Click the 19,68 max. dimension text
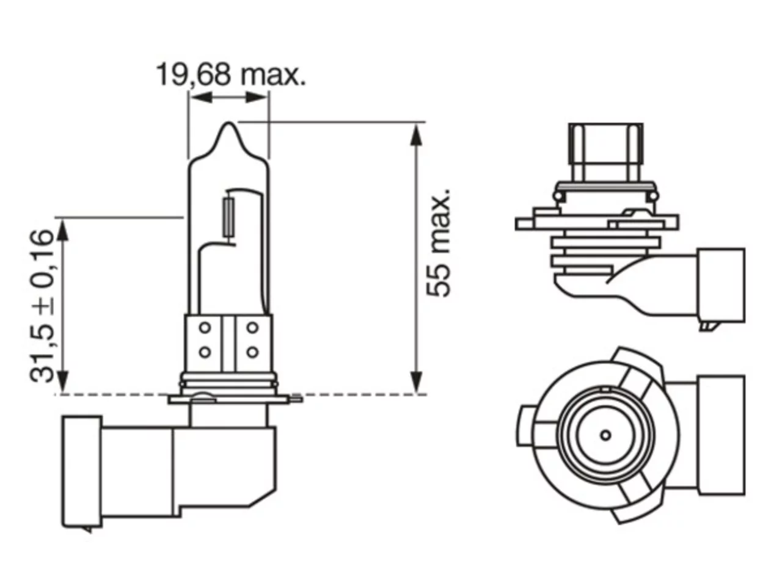point(231,74)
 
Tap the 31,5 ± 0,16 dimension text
point(42,306)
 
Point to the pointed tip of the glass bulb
point(228,123)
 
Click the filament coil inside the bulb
point(228,217)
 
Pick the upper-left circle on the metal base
point(205,328)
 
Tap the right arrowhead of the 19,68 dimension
point(257,97)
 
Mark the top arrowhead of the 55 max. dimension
point(416,134)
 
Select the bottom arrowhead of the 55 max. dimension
point(416,382)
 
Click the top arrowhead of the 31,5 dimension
point(63,229)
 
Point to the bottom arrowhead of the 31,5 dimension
point(63,382)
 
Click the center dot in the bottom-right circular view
point(605,435)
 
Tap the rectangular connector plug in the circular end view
point(721,435)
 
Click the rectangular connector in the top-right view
point(721,285)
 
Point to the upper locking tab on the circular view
point(638,370)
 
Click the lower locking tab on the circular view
point(638,500)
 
